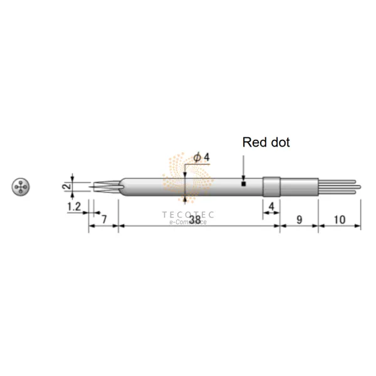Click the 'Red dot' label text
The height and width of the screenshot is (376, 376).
[266, 142]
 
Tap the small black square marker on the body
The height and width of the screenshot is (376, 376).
[243, 184]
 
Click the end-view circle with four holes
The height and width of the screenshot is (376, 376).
[21, 186]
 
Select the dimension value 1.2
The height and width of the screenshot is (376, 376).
[75, 206]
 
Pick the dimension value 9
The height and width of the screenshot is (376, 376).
[299, 219]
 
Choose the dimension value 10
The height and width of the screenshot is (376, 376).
[340, 219]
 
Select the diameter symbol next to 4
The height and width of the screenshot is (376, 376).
[197, 157]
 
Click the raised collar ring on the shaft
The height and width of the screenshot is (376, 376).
[271, 185]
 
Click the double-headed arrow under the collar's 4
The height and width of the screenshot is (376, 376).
[271, 213]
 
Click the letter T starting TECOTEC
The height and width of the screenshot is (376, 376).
[165, 215]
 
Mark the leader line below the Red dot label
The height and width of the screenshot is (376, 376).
[243, 164]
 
